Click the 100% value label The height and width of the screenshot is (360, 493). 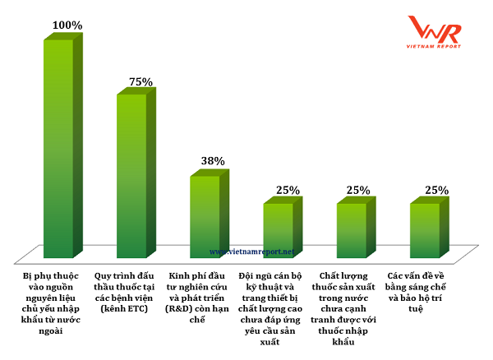coord(67,25)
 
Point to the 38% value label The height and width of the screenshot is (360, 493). coord(213,162)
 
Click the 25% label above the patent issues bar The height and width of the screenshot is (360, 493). coord(436,191)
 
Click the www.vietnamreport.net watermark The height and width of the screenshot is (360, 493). coord(251,252)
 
